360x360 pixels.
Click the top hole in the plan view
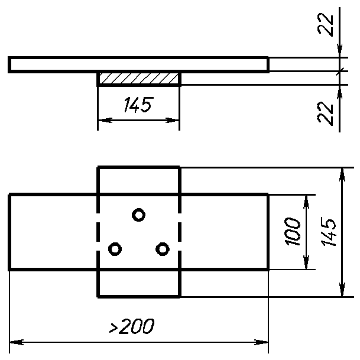[x=139, y=209]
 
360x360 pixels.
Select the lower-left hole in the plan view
[x=115, y=243]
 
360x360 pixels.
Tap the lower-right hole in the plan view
[x=163, y=243]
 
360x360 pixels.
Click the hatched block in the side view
[x=139, y=78]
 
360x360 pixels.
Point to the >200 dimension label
[x=132, y=326]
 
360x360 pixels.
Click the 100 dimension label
[x=292, y=232]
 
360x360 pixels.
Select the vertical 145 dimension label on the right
[x=328, y=232]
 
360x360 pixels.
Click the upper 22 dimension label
[x=325, y=24]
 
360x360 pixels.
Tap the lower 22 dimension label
[x=325, y=113]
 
